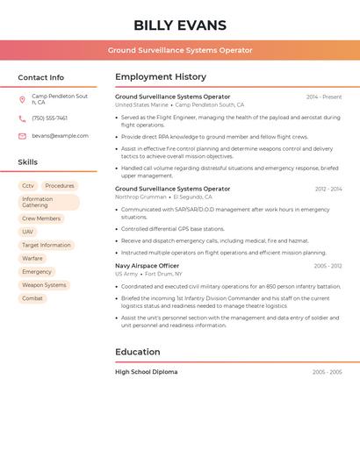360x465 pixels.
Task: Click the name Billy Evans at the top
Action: (180, 25)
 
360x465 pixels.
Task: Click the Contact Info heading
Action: (41, 77)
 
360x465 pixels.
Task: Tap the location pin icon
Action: (22, 99)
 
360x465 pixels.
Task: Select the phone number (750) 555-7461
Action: (49, 118)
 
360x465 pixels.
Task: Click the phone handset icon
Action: (22, 118)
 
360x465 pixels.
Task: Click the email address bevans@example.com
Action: (60, 136)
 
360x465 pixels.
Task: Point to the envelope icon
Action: (22, 136)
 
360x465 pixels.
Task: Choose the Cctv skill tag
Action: (28, 186)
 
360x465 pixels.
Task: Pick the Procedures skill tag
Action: (60, 186)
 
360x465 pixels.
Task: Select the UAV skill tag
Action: (28, 232)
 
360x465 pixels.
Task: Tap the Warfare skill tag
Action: (32, 259)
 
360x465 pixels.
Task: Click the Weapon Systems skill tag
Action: (44, 285)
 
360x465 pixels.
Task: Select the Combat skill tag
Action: (32, 298)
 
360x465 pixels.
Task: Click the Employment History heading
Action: (161, 77)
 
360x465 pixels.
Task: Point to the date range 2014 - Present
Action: (324, 97)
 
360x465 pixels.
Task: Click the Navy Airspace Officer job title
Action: (147, 266)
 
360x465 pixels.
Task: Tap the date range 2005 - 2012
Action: (328, 266)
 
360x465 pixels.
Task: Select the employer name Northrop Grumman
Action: (140, 197)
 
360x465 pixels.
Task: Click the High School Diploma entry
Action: (146, 372)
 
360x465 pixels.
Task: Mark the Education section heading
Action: (138, 352)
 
